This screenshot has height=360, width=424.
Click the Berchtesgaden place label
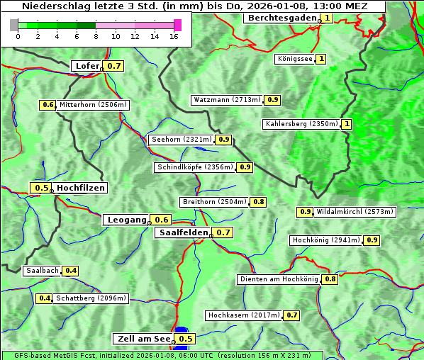click(281, 18)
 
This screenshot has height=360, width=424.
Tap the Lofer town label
click(87, 66)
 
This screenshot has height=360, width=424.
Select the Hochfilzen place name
click(81, 188)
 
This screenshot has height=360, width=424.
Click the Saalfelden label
click(183, 232)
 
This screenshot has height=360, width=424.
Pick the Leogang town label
click(126, 220)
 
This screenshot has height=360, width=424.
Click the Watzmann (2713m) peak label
click(227, 100)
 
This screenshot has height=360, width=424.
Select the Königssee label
click(294, 59)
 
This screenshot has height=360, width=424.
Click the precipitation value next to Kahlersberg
click(347, 124)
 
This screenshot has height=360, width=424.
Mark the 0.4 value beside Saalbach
click(71, 271)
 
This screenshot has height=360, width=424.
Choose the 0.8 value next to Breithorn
click(259, 202)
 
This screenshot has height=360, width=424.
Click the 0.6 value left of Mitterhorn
click(48, 105)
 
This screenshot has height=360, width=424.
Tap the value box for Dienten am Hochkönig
click(330, 279)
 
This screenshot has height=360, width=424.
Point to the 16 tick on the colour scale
click(174, 36)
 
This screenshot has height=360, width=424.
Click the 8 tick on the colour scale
click(96, 36)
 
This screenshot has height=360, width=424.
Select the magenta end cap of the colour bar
click(177, 26)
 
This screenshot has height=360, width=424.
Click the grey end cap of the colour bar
click(14, 26)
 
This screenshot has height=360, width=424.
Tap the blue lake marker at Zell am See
click(182, 330)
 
